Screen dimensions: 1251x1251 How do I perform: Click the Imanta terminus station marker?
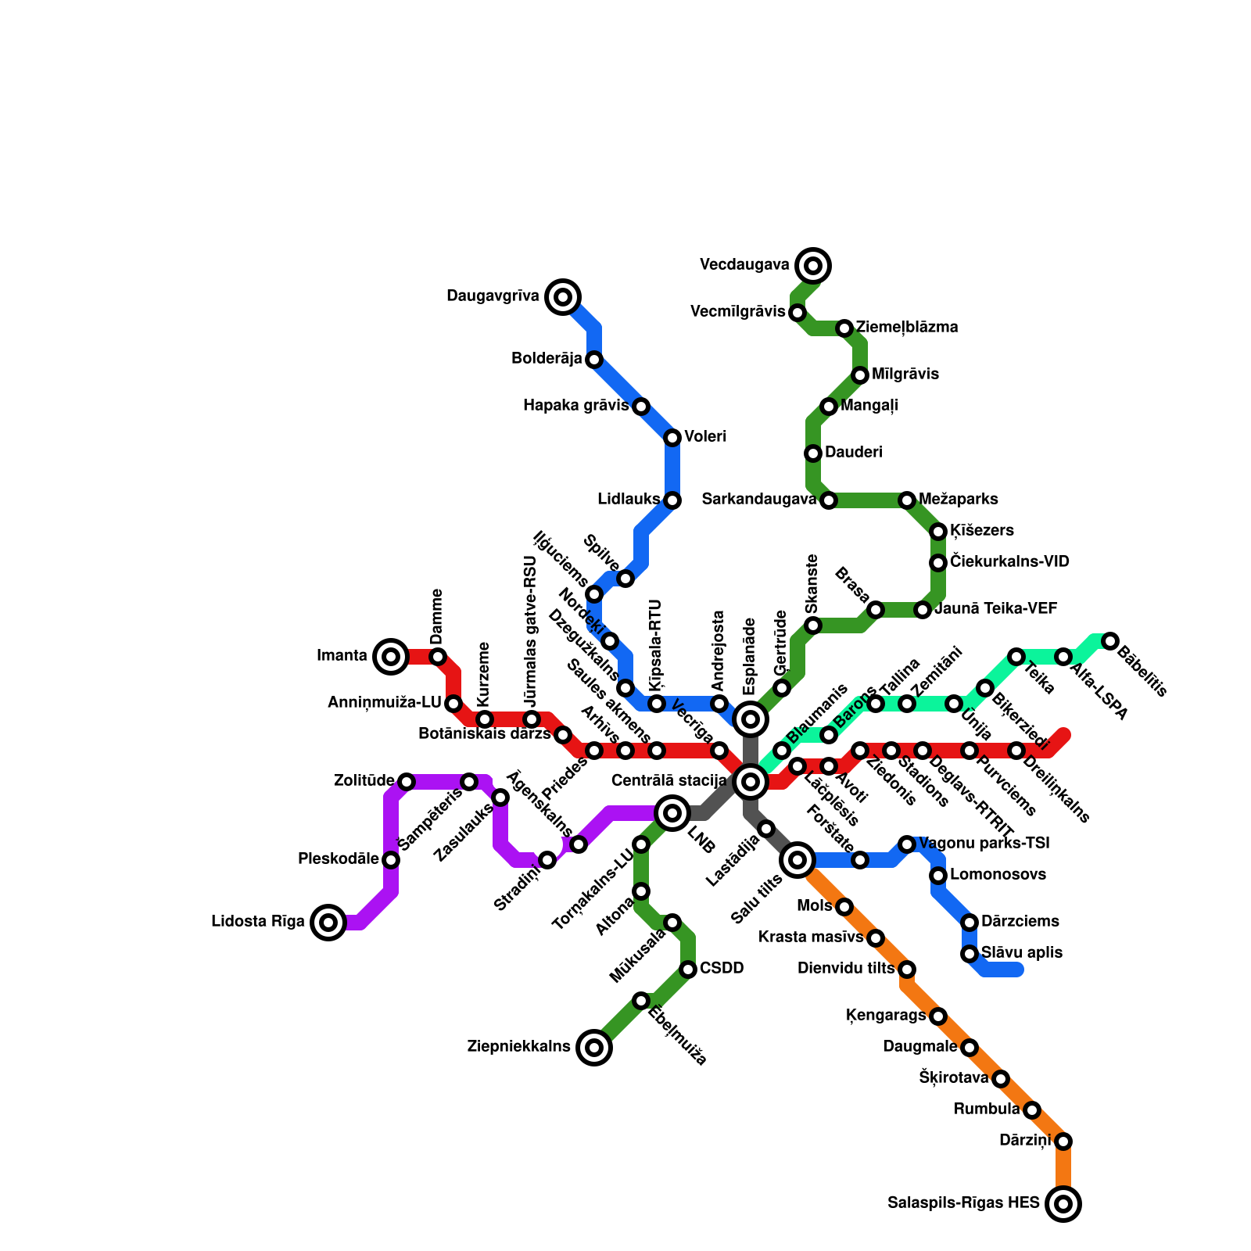click(x=391, y=656)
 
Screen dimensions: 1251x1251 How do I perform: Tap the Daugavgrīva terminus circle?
click(x=563, y=296)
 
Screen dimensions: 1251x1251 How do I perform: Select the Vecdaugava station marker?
click(x=813, y=266)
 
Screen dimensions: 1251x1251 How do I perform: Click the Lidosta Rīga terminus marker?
click(x=328, y=923)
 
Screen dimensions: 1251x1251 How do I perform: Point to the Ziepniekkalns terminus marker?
click(x=594, y=1048)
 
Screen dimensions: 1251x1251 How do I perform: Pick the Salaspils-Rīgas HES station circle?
click(x=1063, y=1204)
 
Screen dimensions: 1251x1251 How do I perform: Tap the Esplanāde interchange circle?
click(x=751, y=719)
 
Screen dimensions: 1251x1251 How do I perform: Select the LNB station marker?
click(x=672, y=813)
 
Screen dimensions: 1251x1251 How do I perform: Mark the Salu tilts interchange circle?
click(x=798, y=860)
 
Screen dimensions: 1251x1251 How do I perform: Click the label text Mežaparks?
click(x=959, y=500)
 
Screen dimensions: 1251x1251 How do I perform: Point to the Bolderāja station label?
click(x=547, y=359)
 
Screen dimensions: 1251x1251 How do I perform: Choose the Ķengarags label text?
click(x=886, y=1016)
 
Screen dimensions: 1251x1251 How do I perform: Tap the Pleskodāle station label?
click(x=339, y=859)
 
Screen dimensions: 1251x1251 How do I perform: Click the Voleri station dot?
click(x=672, y=438)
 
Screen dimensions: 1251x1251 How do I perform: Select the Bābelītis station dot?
click(x=1110, y=641)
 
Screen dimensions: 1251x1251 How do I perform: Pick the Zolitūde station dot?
click(x=407, y=781)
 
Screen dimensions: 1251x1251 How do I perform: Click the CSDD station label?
click(x=722, y=969)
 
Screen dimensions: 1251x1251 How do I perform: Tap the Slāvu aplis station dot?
click(x=970, y=954)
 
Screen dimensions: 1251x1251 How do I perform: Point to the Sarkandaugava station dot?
click(x=829, y=500)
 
